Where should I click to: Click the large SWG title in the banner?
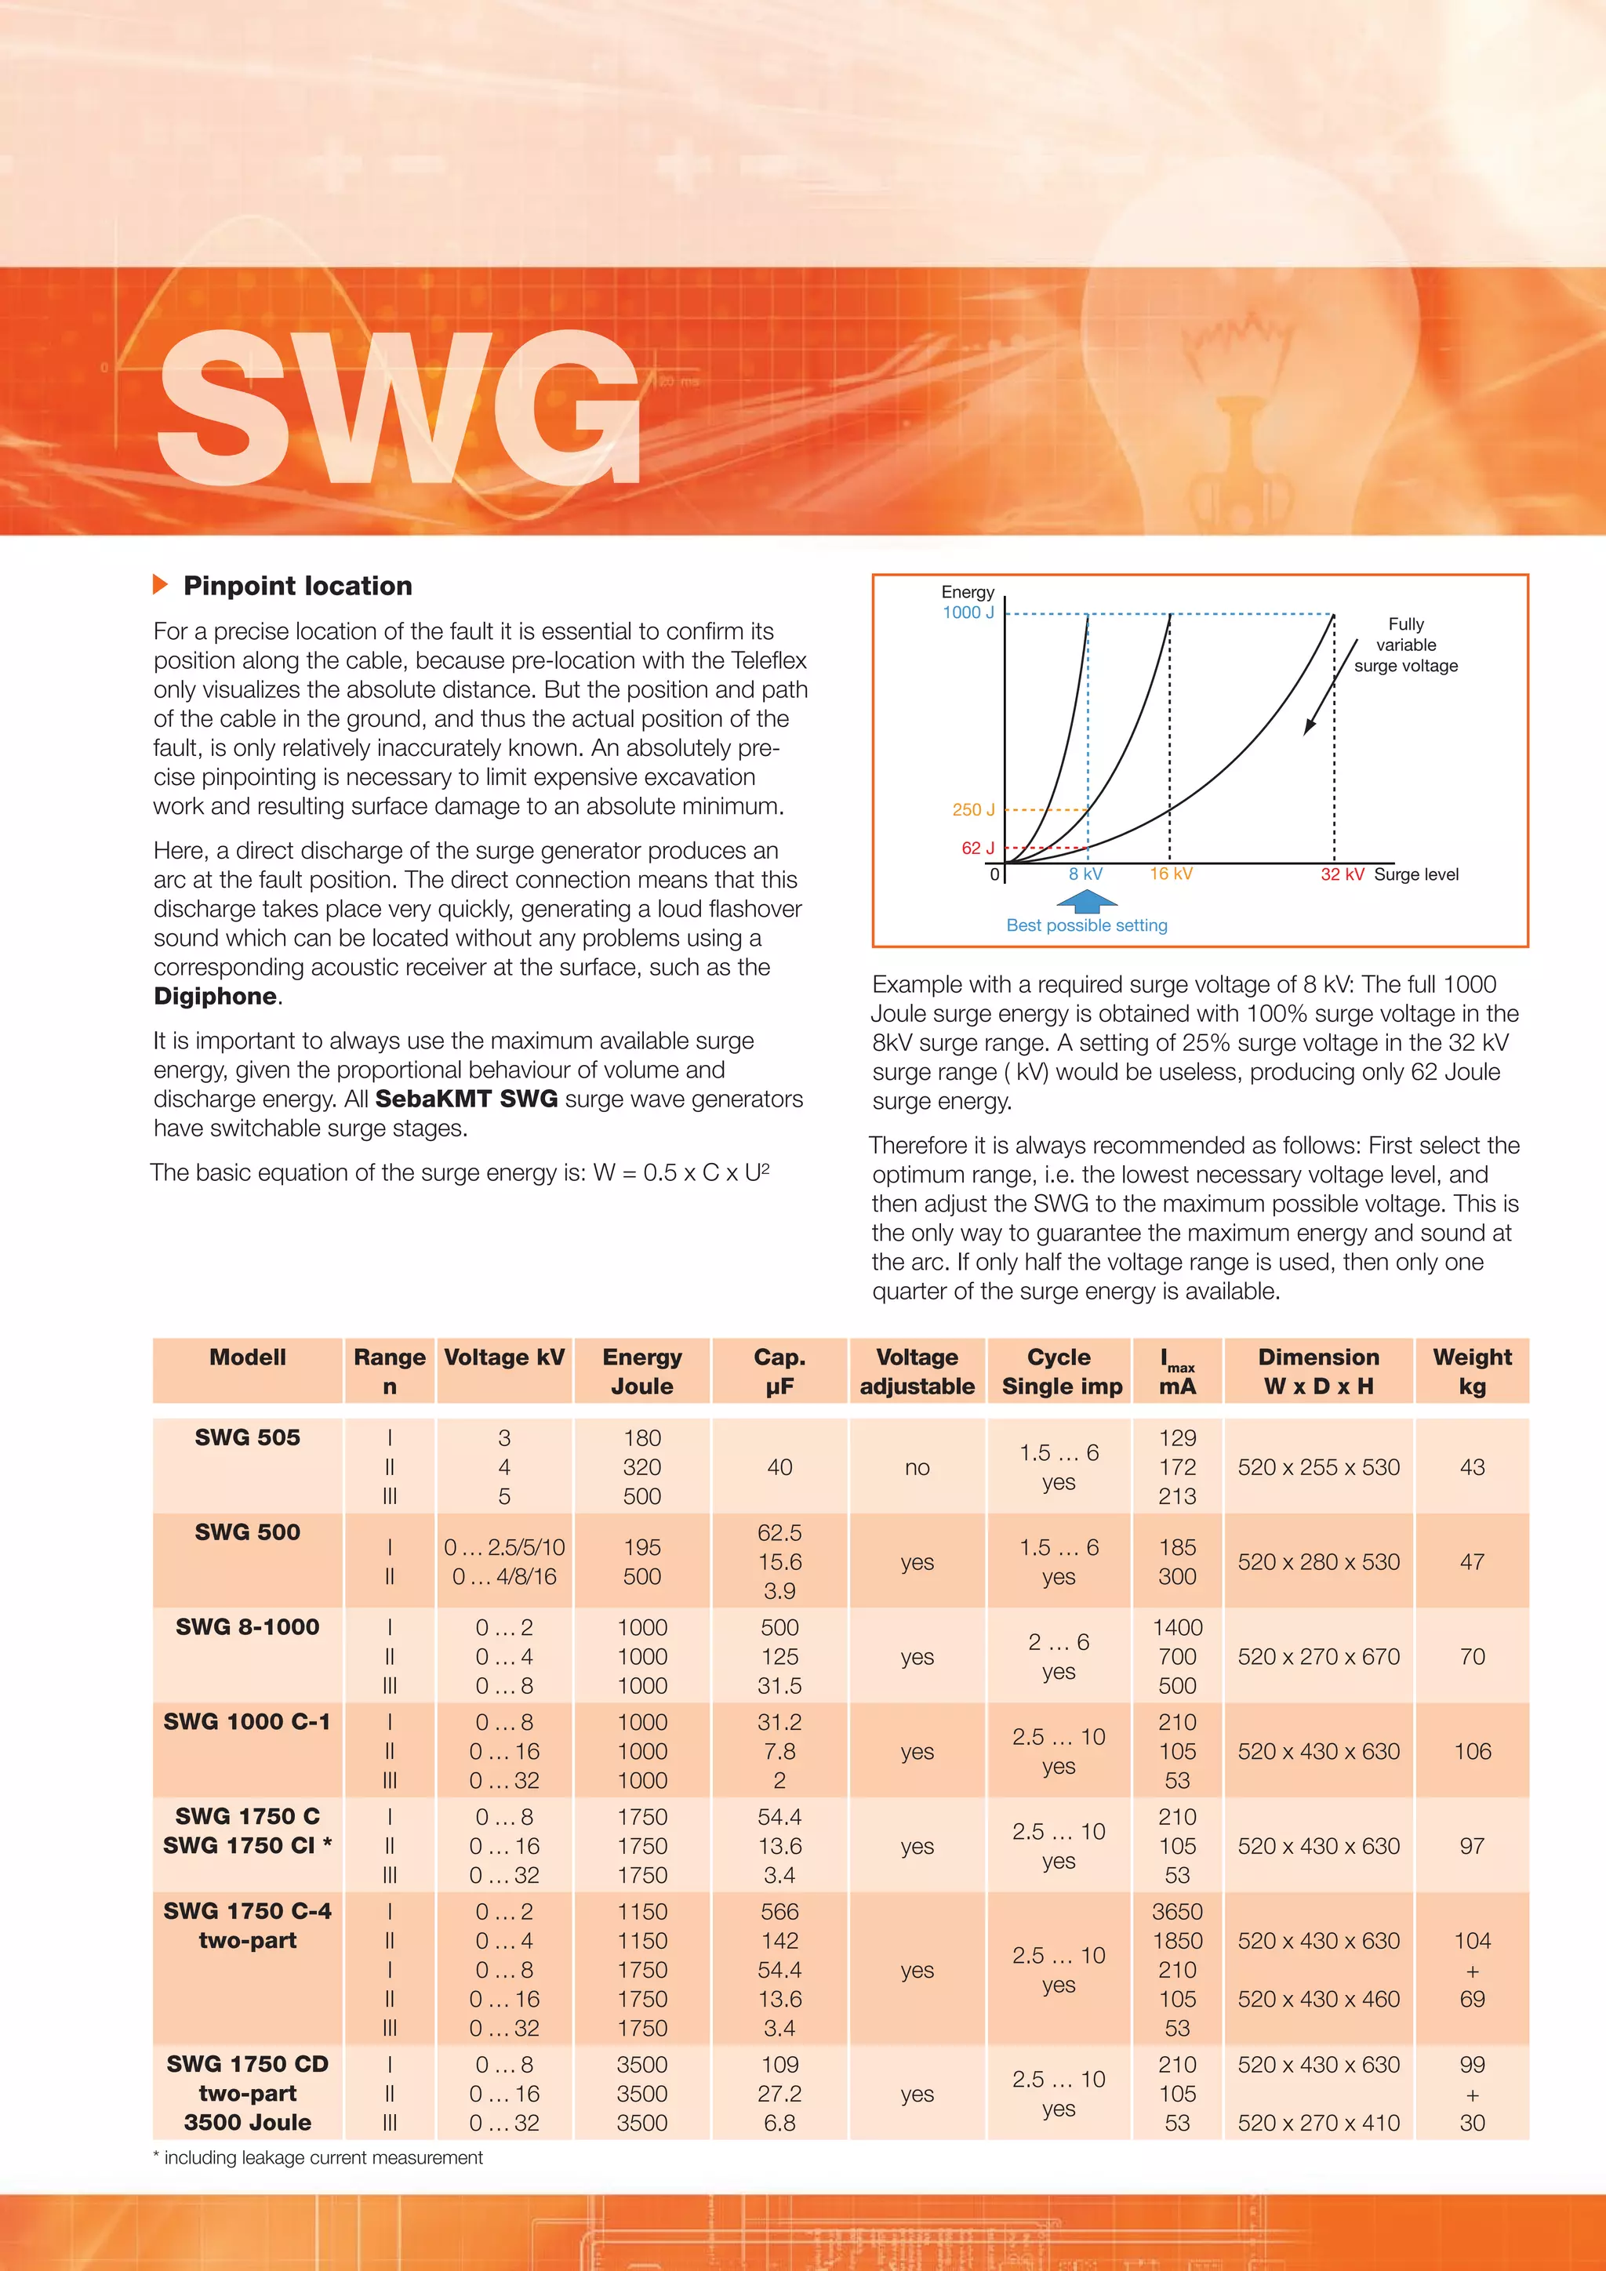(x=399, y=408)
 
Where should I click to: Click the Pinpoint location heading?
(x=298, y=586)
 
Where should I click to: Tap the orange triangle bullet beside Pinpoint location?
(x=160, y=584)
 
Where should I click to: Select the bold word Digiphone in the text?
(x=216, y=996)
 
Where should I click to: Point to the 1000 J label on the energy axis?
(x=967, y=612)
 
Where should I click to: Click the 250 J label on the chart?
(x=973, y=809)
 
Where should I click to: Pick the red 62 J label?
(x=977, y=848)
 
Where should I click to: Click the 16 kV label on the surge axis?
(x=1171, y=874)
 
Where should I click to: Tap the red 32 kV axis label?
(x=1342, y=874)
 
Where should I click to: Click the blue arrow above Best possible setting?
(x=1087, y=900)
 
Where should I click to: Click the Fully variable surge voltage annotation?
(x=1405, y=645)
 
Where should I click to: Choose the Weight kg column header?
(x=1471, y=1371)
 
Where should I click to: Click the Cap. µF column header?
(x=779, y=1371)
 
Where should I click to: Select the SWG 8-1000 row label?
(x=247, y=1627)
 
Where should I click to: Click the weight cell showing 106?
(x=1471, y=1751)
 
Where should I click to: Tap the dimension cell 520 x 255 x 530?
(x=1318, y=1467)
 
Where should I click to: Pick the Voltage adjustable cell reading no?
(x=917, y=1468)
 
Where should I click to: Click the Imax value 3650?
(x=1177, y=1912)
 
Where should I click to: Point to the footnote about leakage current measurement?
(x=318, y=2157)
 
